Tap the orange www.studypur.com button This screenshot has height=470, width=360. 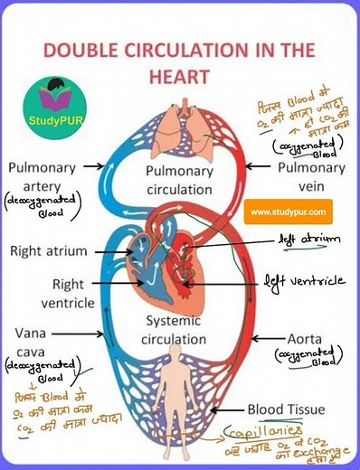[x=288, y=213]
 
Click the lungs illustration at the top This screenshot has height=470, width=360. [x=180, y=131]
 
